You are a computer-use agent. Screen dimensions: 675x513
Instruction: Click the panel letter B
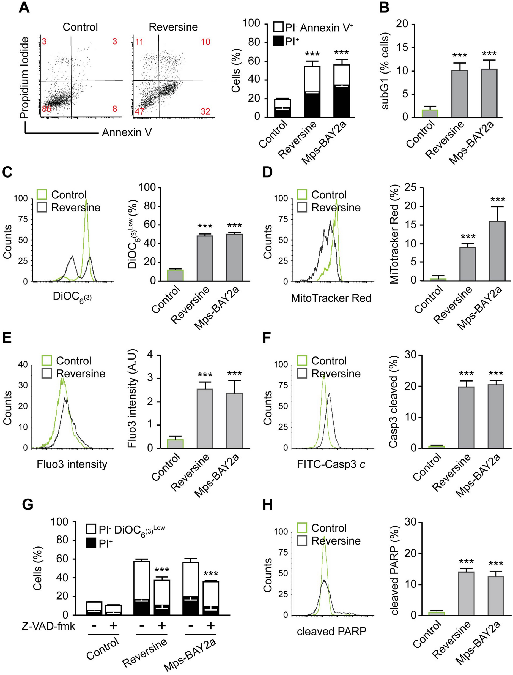coord(385,8)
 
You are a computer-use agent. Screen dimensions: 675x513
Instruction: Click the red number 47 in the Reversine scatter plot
coord(139,111)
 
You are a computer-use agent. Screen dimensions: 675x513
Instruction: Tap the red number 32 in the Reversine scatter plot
coord(205,111)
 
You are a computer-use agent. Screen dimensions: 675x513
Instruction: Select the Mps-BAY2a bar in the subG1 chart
coord(489,93)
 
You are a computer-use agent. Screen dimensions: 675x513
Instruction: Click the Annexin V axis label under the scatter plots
coord(127,132)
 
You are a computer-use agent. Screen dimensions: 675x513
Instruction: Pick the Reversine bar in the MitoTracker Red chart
coord(467,264)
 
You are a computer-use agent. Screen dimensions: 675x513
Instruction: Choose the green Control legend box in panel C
coord(42,195)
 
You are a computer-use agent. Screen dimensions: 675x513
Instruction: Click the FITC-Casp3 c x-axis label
coord(331,465)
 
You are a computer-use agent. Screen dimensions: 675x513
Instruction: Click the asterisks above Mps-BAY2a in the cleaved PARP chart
coord(496,564)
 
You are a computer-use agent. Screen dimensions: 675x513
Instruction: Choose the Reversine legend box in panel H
coord(302,541)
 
